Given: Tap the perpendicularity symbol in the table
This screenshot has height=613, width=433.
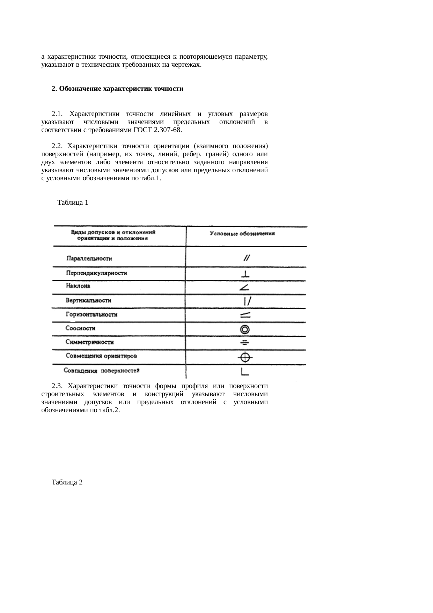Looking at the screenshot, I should pos(246,274).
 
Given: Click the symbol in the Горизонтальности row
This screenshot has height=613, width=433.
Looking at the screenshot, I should pos(245,315).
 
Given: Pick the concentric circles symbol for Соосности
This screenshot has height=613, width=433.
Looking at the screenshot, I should pos(245,329).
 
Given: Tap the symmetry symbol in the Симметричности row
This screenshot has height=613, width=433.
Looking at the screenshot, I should pos(245,343).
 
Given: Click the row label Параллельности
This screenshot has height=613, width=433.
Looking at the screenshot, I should pos(89,259).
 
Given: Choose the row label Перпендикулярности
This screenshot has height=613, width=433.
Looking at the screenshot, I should pos(96,273).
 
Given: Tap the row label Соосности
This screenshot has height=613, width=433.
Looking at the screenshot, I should pos(81,328).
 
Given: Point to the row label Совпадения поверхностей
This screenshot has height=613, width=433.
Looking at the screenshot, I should pos(102,371).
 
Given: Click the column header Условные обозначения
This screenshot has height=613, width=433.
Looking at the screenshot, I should pos(242,234).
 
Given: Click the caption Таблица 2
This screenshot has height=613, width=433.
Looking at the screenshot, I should pos(67,482).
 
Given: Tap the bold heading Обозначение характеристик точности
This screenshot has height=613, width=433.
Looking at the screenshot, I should pos(121,89).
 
